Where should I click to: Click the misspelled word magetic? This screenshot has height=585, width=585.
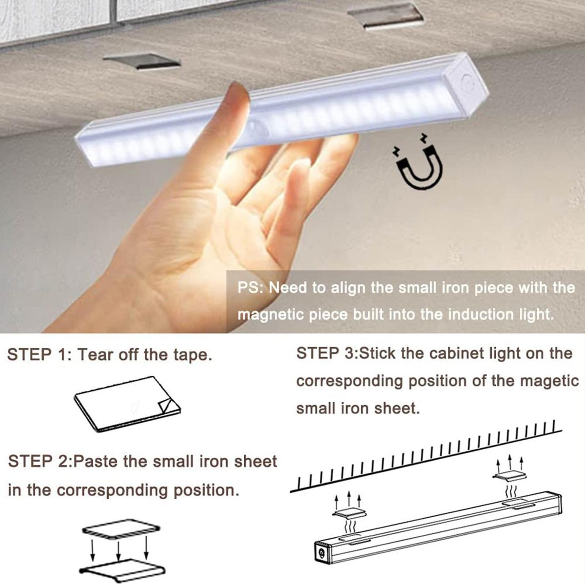pos(550,381)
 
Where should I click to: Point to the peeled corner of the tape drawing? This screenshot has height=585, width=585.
pos(168,406)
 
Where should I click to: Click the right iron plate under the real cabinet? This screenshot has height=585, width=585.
pos(386,17)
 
